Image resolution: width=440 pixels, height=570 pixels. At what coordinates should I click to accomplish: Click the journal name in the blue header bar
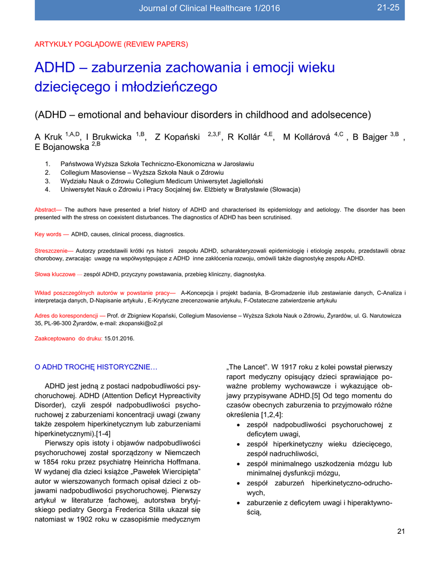tap(209, 8)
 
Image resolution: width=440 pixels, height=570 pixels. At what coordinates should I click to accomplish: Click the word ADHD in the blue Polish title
tap(55, 68)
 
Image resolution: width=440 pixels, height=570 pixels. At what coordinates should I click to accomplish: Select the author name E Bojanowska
tap(62, 148)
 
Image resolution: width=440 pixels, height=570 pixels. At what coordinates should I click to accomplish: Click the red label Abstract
tap(46, 209)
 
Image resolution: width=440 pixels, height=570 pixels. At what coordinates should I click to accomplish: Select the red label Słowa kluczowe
tap(55, 274)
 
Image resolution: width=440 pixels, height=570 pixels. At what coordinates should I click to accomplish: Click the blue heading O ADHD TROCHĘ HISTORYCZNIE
tap(96, 367)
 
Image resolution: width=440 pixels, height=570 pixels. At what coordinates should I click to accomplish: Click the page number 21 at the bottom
tap(401, 530)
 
